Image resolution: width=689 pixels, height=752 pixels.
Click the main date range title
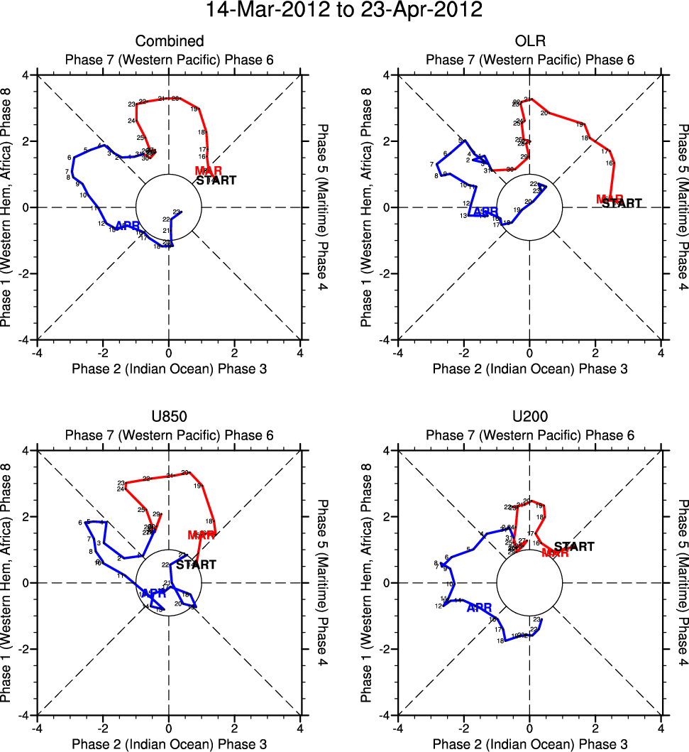[344, 11]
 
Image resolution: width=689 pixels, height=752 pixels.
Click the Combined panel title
[169, 41]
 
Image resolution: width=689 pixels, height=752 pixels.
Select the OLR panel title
[529, 41]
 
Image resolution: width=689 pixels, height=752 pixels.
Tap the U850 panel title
[169, 417]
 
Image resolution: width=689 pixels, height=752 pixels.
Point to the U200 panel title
[529, 417]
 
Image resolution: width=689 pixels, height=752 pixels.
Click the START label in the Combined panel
[216, 180]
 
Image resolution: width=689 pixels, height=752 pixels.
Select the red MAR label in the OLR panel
[610, 200]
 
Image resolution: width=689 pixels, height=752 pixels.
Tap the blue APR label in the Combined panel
[127, 226]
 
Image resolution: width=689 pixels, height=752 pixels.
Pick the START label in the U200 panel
[574, 547]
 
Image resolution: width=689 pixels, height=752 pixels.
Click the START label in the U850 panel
[196, 565]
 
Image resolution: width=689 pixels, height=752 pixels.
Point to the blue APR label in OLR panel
[485, 212]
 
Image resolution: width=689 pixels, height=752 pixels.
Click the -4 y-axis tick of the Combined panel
[23, 340]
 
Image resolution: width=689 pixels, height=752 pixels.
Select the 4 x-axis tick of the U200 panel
[661, 729]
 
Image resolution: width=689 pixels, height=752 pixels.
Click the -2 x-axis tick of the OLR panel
[463, 353]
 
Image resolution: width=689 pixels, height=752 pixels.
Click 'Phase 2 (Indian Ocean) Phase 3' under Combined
[169, 368]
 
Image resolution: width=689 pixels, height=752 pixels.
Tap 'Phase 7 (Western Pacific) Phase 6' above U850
[169, 435]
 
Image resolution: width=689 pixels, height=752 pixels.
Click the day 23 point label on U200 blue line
[536, 620]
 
